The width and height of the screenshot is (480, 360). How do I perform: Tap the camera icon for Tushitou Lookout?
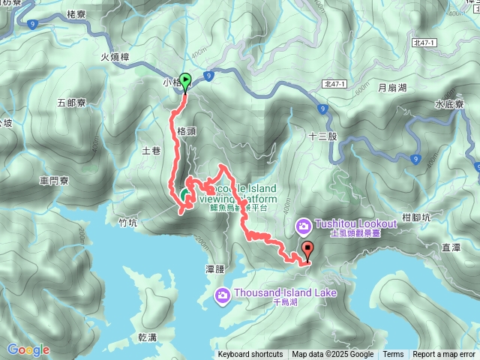[x=304, y=225]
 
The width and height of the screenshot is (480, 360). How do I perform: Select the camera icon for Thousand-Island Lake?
[x=223, y=294]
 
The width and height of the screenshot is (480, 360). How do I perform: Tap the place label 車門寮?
[x=54, y=181]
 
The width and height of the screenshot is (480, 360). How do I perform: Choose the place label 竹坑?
[x=128, y=222]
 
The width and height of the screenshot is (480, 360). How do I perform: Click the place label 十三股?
[x=323, y=137]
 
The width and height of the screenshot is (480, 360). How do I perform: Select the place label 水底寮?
[x=449, y=105]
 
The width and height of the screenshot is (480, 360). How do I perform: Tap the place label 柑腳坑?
[x=415, y=217]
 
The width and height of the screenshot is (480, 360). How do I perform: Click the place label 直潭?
[x=451, y=246]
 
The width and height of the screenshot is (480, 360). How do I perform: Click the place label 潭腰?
[x=214, y=268]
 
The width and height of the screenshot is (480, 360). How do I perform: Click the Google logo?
[x=28, y=349]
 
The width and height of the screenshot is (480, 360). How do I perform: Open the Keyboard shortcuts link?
[x=250, y=355]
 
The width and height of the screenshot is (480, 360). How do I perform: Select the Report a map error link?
[x=445, y=355]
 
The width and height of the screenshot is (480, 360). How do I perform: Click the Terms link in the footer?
[x=393, y=355]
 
